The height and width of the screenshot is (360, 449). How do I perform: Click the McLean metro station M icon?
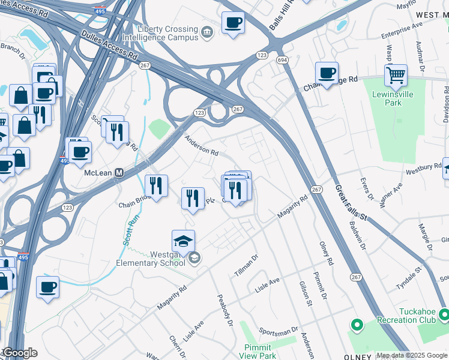click(x=119, y=173)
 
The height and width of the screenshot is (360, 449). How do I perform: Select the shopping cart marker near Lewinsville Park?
click(x=396, y=76)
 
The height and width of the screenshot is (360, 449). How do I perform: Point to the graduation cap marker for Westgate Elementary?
click(x=183, y=241)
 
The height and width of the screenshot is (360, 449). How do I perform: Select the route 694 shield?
click(x=282, y=61)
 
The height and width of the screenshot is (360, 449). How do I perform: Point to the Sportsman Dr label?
click(x=279, y=331)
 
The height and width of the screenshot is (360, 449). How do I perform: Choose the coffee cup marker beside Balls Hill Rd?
click(x=233, y=23)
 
